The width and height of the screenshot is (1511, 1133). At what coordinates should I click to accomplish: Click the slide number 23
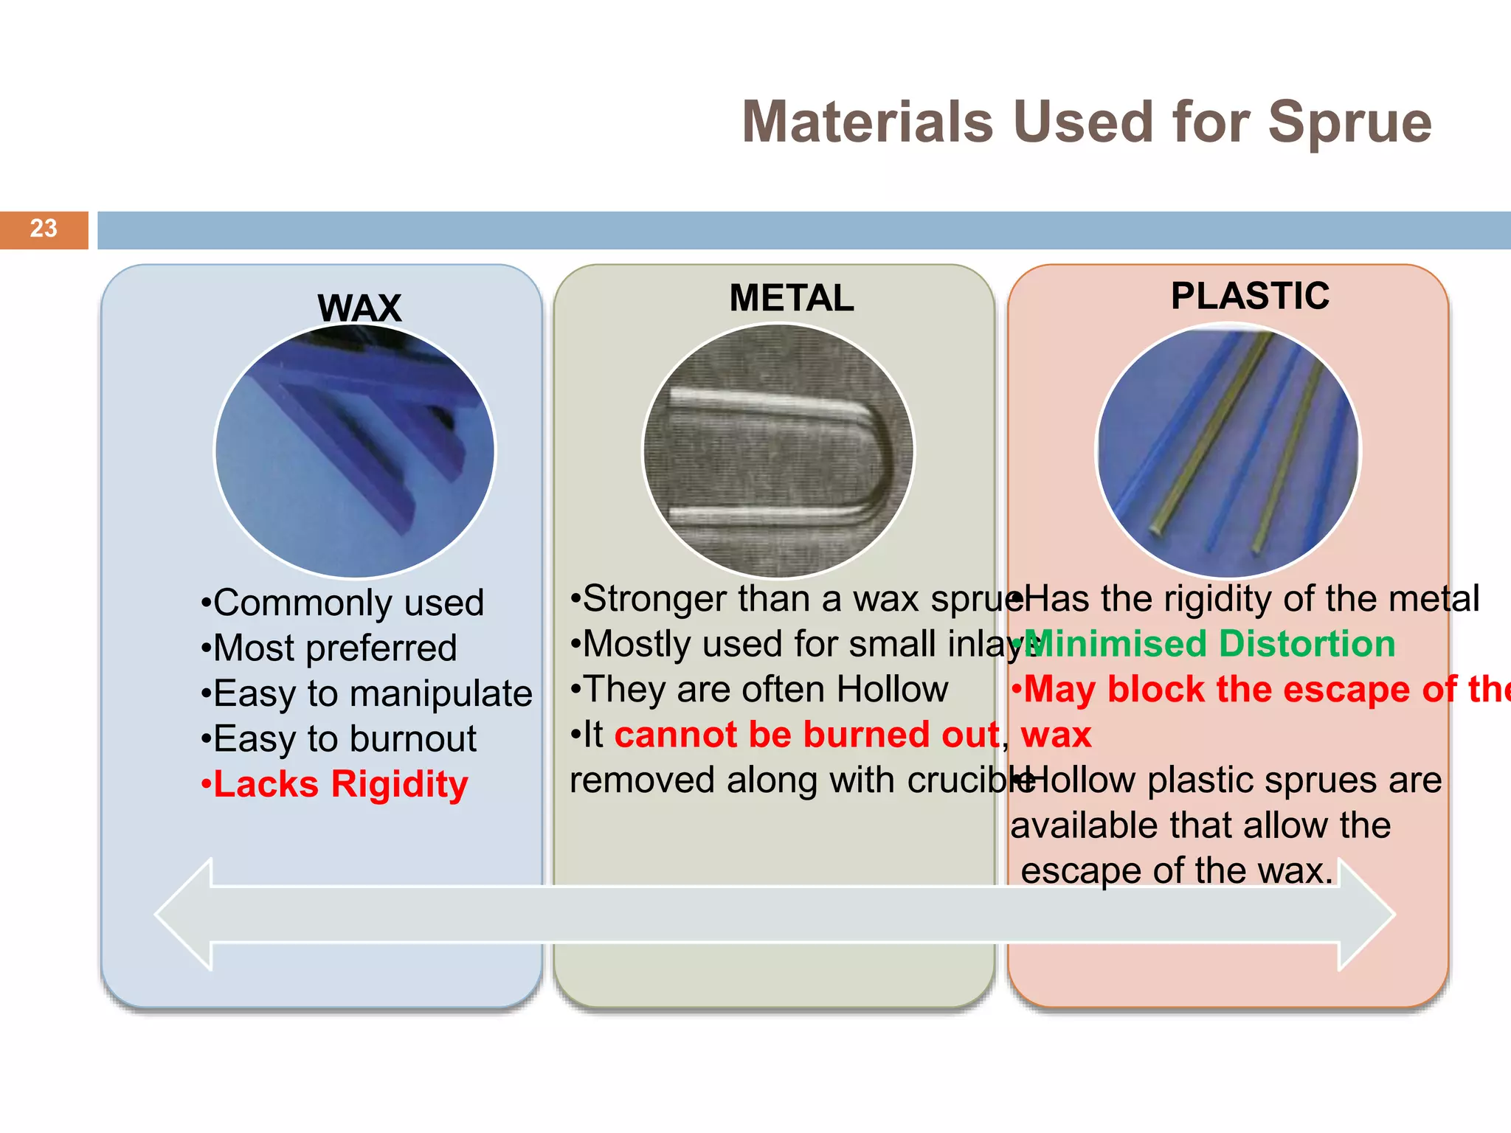[44, 229]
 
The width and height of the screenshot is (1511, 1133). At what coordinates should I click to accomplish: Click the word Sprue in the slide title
[1349, 122]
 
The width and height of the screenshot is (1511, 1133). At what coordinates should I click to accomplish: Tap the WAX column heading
[359, 308]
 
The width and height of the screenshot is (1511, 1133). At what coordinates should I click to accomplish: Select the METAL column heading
[791, 299]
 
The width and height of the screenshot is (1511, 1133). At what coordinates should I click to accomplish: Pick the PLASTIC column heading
[1250, 297]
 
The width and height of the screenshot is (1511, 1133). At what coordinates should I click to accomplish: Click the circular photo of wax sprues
[355, 451]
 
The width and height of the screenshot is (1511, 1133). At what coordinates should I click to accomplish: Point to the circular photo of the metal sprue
[778, 451]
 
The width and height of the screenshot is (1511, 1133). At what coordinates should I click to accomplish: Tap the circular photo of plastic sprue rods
[1228, 451]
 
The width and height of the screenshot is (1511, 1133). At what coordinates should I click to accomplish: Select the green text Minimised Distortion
[1210, 644]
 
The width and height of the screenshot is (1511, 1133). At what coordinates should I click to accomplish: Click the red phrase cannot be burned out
[806, 735]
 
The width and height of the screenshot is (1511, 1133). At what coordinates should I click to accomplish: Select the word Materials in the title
[868, 122]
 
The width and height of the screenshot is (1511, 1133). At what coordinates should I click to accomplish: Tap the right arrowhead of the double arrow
[1367, 914]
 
